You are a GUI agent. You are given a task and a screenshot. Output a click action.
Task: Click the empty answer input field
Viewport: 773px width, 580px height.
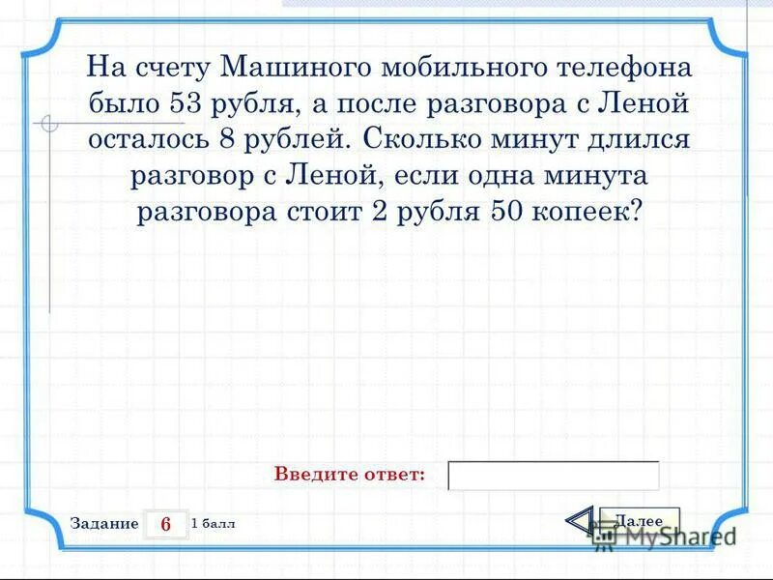[x=554, y=476]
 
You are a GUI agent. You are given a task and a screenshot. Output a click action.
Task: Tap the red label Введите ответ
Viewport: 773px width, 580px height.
[x=350, y=475]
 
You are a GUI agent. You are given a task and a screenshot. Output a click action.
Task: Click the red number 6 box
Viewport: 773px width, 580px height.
[x=165, y=524]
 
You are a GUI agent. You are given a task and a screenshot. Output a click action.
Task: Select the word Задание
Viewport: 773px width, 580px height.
[x=104, y=524]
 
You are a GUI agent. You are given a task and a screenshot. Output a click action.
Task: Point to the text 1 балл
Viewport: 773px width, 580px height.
[x=214, y=524]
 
